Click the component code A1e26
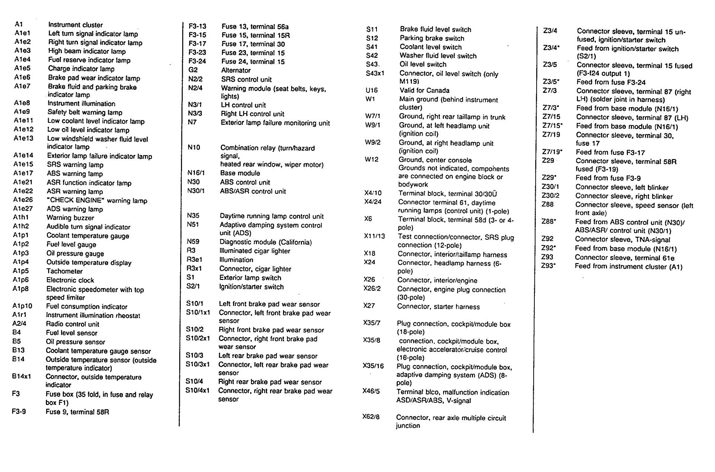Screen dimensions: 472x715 tap(23, 200)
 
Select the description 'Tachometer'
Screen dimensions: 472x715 tap(64, 271)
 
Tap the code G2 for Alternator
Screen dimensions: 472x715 tap(193, 70)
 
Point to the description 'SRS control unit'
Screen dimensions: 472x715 tap(246, 79)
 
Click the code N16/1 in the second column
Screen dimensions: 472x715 tap(196, 173)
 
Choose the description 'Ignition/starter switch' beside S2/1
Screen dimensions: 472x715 tap(251, 287)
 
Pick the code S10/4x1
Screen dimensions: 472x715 tap(197, 390)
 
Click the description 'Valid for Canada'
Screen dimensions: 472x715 tap(424, 90)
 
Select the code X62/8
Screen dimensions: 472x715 tap(371, 417)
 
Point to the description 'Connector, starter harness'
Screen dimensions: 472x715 tap(438, 307)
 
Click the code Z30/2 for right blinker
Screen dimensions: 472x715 tap(550, 196)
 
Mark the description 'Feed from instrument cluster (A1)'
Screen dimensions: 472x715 tap(629, 267)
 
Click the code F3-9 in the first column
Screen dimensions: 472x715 tap(19, 412)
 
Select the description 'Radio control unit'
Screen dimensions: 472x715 tap(73, 324)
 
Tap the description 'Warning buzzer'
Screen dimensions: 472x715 tap(70, 218)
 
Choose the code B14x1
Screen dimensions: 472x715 tap(22, 376)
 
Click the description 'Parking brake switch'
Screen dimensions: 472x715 tap(432, 38)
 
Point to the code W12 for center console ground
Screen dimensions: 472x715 tap(372, 159)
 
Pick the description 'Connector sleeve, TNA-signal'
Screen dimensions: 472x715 tap(622, 240)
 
